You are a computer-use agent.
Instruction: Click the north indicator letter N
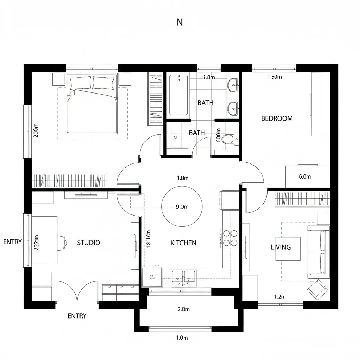pyautogui.click(x=180, y=22)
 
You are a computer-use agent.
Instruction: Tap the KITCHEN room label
pyautogui.click(x=183, y=243)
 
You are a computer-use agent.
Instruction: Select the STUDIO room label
pyautogui.click(x=89, y=243)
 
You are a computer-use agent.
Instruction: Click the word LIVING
pyautogui.click(x=281, y=247)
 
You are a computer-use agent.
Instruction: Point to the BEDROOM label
pyautogui.click(x=277, y=118)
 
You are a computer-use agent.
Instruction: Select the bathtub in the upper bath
pyautogui.click(x=179, y=95)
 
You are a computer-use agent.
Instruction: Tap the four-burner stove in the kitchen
pyautogui.click(x=230, y=238)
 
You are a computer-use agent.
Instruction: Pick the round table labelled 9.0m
pyautogui.click(x=182, y=207)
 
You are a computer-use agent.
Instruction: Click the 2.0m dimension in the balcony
pyautogui.click(x=184, y=309)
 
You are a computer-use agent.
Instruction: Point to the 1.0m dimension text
pyautogui.click(x=182, y=338)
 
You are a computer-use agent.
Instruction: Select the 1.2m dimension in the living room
pyautogui.click(x=280, y=297)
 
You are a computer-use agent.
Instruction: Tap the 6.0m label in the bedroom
pyautogui.click(x=305, y=177)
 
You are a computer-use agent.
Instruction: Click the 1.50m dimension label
pyautogui.click(x=275, y=77)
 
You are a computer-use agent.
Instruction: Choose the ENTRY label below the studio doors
pyautogui.click(x=77, y=316)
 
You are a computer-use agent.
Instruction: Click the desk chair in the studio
pyautogui.click(x=63, y=241)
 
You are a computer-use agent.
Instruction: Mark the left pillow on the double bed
pyautogui.click(x=81, y=83)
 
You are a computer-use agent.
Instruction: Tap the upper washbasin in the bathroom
pyautogui.click(x=233, y=85)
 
